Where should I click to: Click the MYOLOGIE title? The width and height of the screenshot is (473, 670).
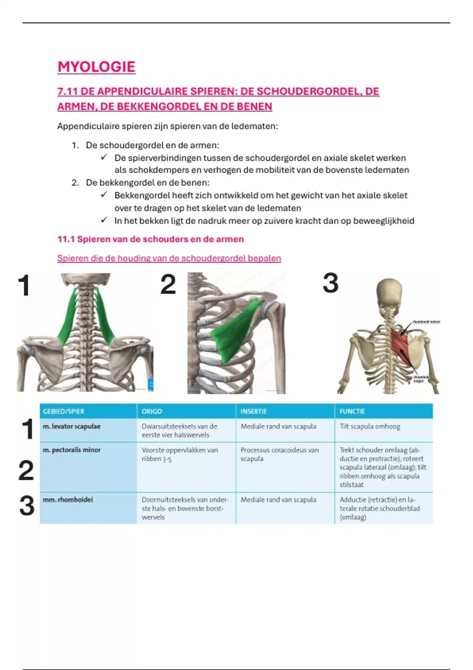click(97, 67)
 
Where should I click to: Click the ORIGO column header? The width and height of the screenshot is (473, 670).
click(152, 411)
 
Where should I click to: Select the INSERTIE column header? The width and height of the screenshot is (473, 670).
click(253, 411)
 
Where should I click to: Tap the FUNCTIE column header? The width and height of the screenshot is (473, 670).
click(352, 411)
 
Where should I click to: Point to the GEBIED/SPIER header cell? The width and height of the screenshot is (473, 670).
click(63, 411)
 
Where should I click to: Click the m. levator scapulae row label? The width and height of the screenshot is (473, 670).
click(72, 426)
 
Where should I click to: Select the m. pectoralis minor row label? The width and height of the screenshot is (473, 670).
click(72, 450)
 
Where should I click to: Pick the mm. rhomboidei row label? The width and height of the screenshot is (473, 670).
click(68, 500)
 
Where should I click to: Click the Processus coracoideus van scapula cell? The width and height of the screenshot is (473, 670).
click(279, 454)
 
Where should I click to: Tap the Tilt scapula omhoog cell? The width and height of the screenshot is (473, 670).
click(370, 426)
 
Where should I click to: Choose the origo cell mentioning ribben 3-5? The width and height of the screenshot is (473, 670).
click(180, 454)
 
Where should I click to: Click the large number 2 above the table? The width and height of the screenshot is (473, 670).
click(168, 285)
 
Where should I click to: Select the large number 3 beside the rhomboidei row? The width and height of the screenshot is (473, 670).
click(27, 506)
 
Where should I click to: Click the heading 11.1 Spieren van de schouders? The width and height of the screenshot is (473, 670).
click(151, 239)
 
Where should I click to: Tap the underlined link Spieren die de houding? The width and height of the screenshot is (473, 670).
click(169, 259)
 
